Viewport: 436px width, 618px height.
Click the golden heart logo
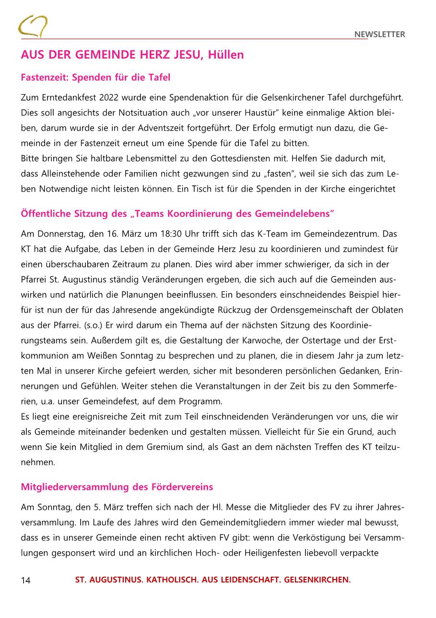click(x=33, y=26)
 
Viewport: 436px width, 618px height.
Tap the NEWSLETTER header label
click(x=379, y=34)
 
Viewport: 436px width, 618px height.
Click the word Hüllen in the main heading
click(x=226, y=55)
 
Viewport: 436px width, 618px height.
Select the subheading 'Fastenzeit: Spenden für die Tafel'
click(x=95, y=77)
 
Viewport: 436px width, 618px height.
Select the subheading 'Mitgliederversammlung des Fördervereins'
click(x=117, y=487)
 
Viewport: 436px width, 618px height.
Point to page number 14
click(x=26, y=581)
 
